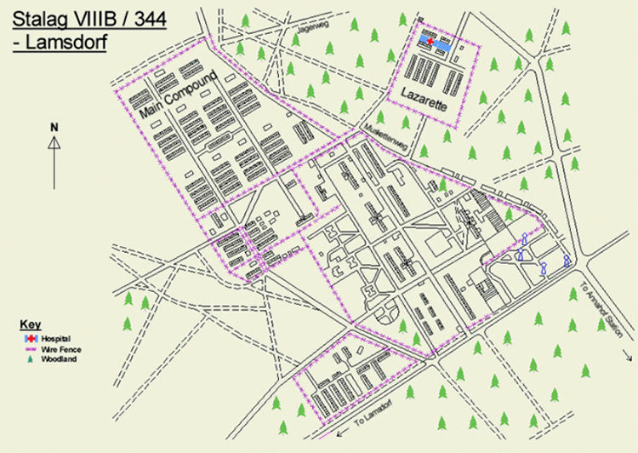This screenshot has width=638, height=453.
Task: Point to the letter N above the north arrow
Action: click(54, 127)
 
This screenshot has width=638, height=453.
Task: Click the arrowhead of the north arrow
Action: click(54, 142)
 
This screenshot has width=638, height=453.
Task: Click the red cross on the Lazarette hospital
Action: click(430, 41)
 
